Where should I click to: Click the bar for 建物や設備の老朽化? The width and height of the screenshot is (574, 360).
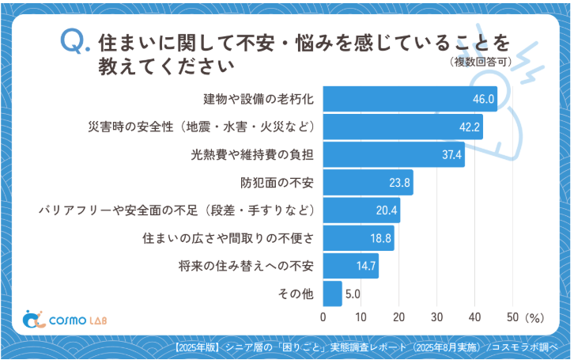pyautogui.click(x=410, y=99)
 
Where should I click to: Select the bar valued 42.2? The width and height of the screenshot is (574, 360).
pyautogui.click(x=402, y=127)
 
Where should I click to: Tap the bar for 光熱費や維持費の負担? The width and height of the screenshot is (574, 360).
pyautogui.click(x=393, y=154)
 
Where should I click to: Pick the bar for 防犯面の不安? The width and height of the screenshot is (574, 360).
pyautogui.click(x=368, y=183)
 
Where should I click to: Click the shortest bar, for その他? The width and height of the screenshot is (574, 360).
pyautogui.click(x=332, y=294)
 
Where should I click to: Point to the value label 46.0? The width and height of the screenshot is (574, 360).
pyautogui.click(x=483, y=99)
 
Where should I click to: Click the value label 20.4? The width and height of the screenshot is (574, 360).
pyautogui.click(x=387, y=210)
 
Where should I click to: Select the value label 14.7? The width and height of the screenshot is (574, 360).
pyautogui.click(x=365, y=266)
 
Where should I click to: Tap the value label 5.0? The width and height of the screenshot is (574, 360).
pyautogui.click(x=353, y=294)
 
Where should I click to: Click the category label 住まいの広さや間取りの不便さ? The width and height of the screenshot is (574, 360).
pyautogui.click(x=228, y=237)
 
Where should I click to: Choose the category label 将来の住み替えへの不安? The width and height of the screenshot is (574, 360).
pyautogui.click(x=247, y=266)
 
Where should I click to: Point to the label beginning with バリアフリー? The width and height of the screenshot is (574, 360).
pyautogui.click(x=178, y=210)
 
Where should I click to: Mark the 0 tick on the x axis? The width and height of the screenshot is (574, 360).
pyautogui.click(x=323, y=316)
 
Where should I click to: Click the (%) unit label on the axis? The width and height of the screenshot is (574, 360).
pyautogui.click(x=534, y=317)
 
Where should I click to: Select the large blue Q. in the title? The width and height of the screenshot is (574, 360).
pyautogui.click(x=75, y=44)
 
